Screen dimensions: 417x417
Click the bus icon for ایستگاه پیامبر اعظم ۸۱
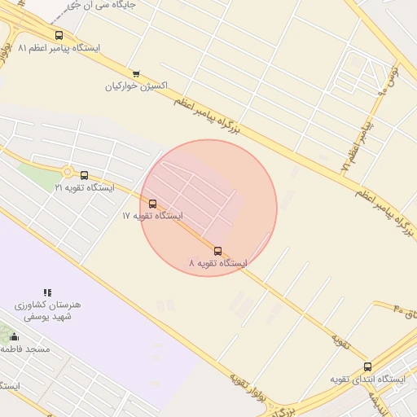click(x=59, y=35)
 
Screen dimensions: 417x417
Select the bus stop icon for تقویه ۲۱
click(x=84, y=175)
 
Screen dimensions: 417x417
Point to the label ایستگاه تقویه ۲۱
click(x=85, y=187)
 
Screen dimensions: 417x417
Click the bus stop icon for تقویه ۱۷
click(x=152, y=204)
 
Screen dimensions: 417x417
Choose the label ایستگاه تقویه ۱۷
click(x=152, y=216)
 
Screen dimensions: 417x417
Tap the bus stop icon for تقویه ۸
click(x=217, y=251)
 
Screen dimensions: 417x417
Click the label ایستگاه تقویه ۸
click(x=217, y=263)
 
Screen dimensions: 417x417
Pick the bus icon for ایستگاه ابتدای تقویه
click(x=367, y=367)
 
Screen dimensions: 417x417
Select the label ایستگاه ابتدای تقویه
click(x=367, y=380)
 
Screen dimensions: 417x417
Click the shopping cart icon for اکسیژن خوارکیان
click(x=135, y=73)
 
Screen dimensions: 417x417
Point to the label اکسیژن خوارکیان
click(x=135, y=86)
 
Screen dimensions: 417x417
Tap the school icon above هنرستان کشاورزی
click(x=47, y=292)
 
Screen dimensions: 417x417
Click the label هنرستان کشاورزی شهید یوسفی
click(x=47, y=309)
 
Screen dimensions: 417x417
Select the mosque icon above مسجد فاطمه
click(x=13, y=336)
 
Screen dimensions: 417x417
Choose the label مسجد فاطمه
click(x=25, y=349)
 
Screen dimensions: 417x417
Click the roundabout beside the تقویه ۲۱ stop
click(x=68, y=172)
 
